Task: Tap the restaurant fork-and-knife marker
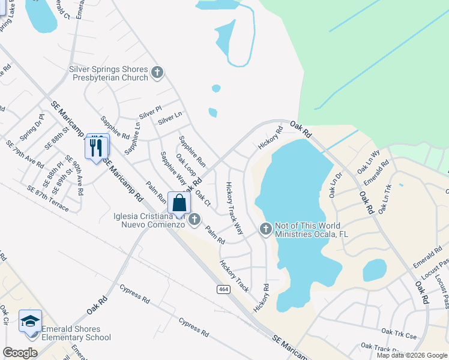click(97, 147)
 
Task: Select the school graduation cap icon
click(29, 321)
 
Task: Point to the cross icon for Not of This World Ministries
click(266, 229)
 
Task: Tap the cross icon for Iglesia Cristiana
click(194, 220)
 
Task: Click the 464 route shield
click(223, 289)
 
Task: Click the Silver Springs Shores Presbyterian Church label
click(109, 73)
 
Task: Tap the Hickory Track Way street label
click(235, 208)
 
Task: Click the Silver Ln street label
click(170, 118)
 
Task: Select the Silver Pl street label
click(151, 112)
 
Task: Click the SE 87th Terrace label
click(47, 198)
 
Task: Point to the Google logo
click(20, 353)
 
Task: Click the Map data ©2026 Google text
click(411, 355)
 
